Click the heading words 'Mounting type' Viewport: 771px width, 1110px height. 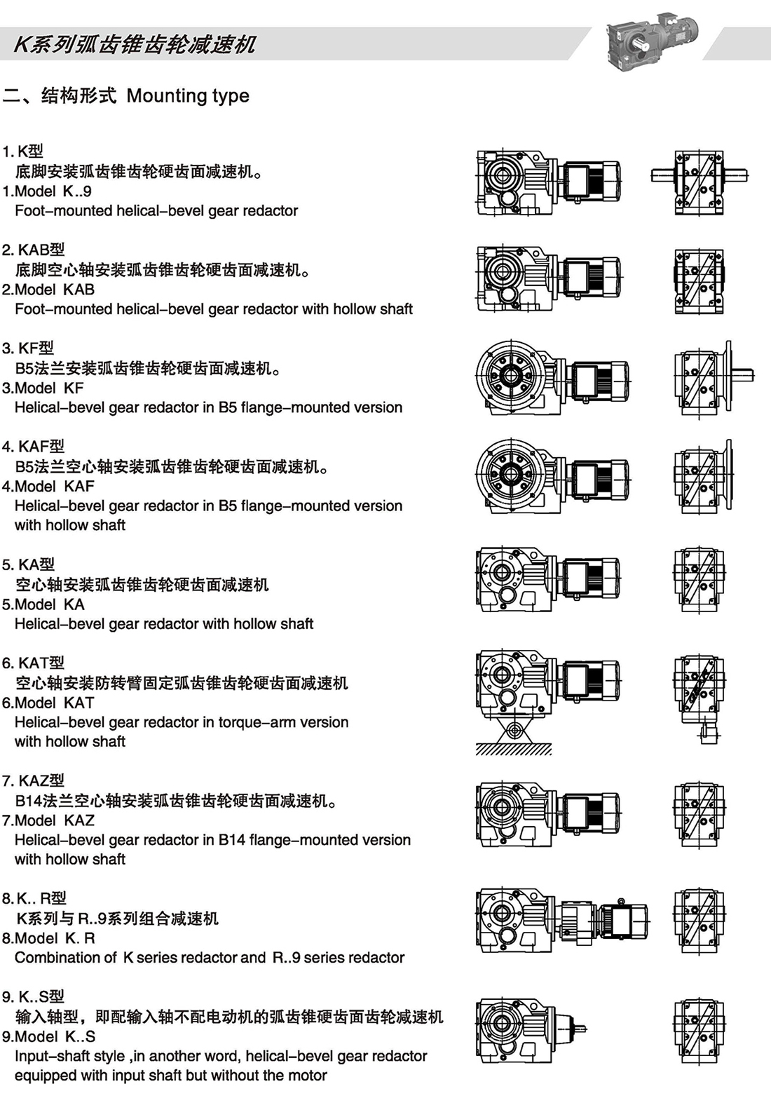[188, 96]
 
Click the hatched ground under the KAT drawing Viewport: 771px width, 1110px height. [514, 750]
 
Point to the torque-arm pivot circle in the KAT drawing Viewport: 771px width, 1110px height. [514, 731]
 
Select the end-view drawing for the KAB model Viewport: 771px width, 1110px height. [699, 280]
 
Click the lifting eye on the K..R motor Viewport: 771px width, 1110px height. [620, 901]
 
